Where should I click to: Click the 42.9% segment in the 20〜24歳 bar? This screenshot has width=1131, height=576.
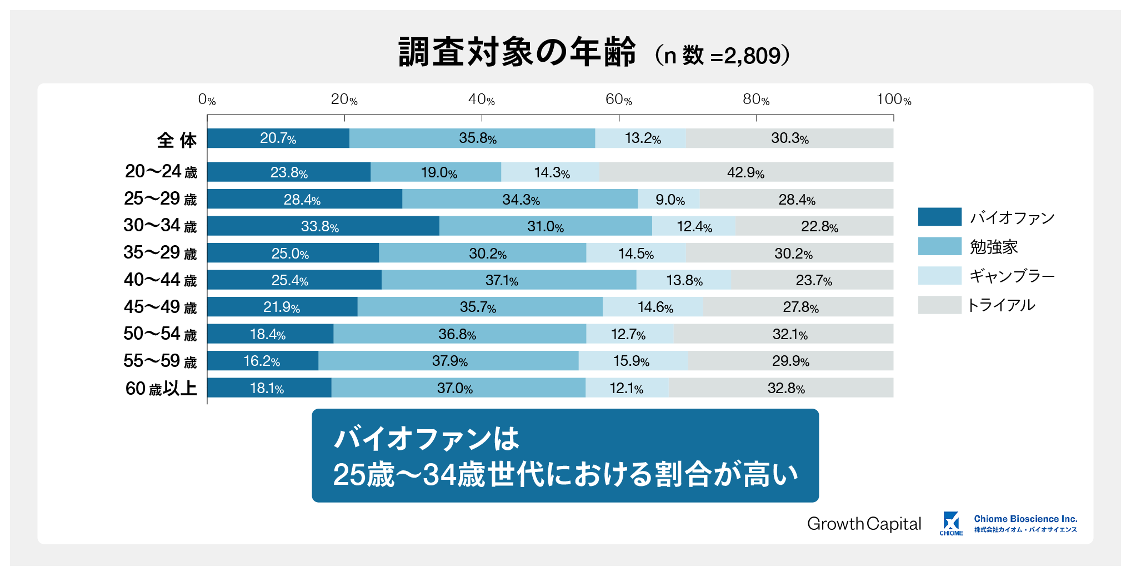[746, 172]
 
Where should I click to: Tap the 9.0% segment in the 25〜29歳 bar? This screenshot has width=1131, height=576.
[669, 200]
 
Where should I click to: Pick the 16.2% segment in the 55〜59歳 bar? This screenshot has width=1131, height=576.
[262, 361]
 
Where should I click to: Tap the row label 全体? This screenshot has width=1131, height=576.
[177, 140]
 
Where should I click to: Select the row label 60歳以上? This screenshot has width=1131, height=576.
[161, 388]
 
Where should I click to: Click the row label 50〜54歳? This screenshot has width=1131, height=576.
[160, 334]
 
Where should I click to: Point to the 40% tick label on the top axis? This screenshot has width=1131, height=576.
[481, 100]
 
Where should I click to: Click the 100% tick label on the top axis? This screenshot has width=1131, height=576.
[893, 100]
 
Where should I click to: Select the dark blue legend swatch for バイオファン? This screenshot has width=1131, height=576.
[939, 217]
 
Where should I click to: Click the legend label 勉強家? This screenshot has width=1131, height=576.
[994, 246]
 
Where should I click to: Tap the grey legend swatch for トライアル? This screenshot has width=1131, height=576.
[939, 305]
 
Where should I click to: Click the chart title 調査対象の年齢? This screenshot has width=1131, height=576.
[517, 53]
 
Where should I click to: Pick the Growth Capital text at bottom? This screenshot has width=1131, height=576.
[864, 524]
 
